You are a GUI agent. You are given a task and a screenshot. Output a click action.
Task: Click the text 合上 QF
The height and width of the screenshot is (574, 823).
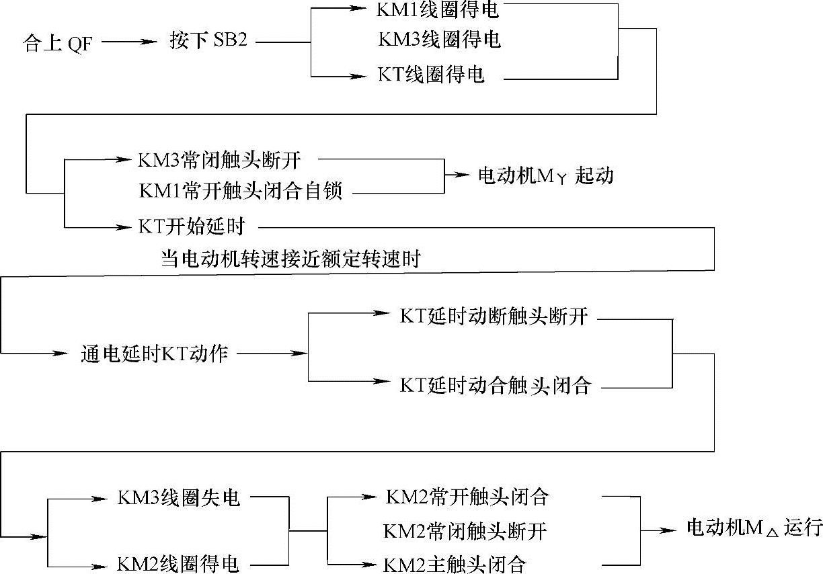(x=58, y=46)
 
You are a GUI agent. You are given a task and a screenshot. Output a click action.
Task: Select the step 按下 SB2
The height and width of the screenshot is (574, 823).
(x=208, y=42)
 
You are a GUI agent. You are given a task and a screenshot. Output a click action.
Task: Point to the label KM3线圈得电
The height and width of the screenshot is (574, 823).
(x=439, y=40)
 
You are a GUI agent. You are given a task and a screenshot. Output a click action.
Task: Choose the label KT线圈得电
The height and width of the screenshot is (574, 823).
(x=431, y=75)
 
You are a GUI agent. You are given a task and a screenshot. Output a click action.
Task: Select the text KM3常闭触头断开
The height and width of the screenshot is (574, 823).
(x=219, y=160)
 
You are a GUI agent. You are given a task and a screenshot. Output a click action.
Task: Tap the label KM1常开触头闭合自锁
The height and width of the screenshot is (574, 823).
(x=241, y=191)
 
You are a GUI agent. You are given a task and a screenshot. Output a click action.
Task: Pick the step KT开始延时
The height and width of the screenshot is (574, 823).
(x=191, y=226)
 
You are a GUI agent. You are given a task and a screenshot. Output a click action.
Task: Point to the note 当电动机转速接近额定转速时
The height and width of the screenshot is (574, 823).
(x=290, y=259)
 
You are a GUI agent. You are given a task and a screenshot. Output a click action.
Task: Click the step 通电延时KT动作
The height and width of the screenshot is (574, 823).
(x=154, y=353)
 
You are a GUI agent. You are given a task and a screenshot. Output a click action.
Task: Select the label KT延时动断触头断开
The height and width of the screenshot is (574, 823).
(x=494, y=317)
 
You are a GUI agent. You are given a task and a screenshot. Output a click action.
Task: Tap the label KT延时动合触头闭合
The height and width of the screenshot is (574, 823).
(x=495, y=385)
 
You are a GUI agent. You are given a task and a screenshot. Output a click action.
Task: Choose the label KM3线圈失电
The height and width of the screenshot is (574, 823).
(x=178, y=498)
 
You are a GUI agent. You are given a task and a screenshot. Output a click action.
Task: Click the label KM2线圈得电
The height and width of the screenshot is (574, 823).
(x=178, y=563)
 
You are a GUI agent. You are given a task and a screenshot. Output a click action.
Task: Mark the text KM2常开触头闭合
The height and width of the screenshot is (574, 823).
(x=467, y=497)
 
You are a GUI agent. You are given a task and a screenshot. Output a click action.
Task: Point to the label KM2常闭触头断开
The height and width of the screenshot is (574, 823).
(x=465, y=531)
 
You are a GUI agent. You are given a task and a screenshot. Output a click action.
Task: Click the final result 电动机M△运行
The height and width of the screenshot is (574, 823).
(x=754, y=528)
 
